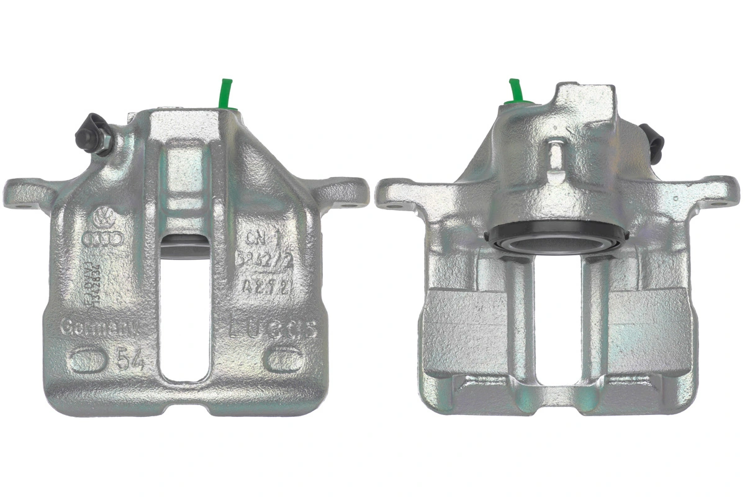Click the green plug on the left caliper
[x=225, y=93]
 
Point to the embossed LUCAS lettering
[x=274, y=327]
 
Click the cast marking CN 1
[x=260, y=238]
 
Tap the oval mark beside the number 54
[x=88, y=359]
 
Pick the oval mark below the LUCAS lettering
[x=284, y=358]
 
